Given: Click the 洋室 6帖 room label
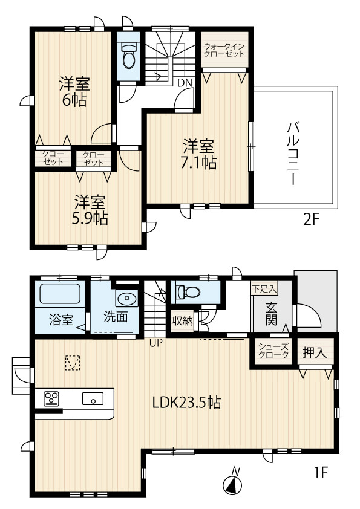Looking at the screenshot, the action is point(74,92).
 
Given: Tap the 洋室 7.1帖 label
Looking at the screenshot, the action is point(199,154).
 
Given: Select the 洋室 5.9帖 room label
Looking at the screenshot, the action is point(90,210).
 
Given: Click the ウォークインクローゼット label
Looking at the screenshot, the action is point(224,50).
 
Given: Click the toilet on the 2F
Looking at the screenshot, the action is point(129,56).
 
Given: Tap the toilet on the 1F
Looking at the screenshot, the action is point(188,291).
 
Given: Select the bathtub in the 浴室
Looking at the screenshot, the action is point(60,294).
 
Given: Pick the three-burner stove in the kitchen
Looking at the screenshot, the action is point(51,398).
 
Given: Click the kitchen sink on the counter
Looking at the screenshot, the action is point(93,398).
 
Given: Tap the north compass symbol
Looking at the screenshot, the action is point(232,484).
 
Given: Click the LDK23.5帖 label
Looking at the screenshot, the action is point(186,403).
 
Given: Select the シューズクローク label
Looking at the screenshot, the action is point(273,351).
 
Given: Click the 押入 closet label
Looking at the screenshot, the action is point(315,352).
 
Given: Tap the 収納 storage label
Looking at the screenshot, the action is point(183,321).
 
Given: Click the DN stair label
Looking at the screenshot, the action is point(185,83).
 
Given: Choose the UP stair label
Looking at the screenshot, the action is point(155,343).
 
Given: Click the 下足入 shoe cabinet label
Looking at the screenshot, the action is point(264,288).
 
